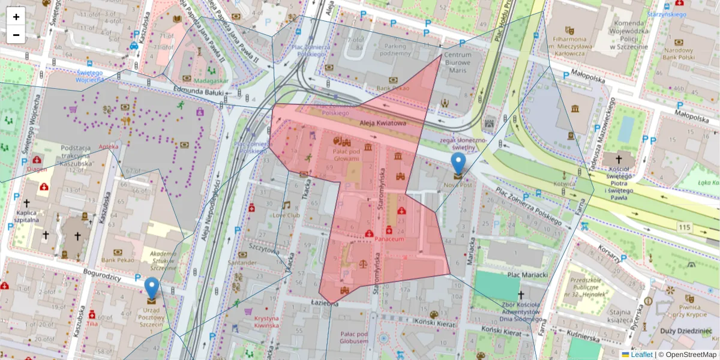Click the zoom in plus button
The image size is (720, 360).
[16, 17]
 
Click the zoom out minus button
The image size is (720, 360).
[16, 35]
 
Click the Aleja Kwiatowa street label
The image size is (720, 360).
[383, 123]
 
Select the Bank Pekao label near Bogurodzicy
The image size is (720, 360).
[116, 260]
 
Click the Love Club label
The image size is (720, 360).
[286, 215]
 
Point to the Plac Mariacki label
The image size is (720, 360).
[529, 275]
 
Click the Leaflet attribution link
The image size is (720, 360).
[641, 355]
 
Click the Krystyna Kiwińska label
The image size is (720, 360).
[266, 322]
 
